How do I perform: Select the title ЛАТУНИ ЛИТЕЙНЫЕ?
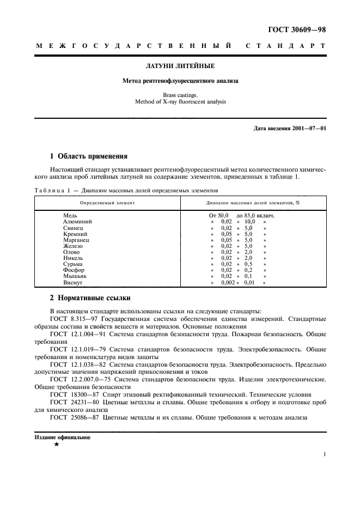point(180,66)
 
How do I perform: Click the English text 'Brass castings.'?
point(180,94)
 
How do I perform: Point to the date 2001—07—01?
point(308,128)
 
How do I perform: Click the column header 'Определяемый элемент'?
point(107,202)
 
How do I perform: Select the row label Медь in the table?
point(72,216)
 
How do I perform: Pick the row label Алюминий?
point(77,222)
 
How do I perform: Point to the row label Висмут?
point(74,282)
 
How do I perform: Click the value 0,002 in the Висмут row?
point(228,282)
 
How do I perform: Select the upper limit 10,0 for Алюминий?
point(249,222)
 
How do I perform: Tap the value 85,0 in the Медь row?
point(250,216)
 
